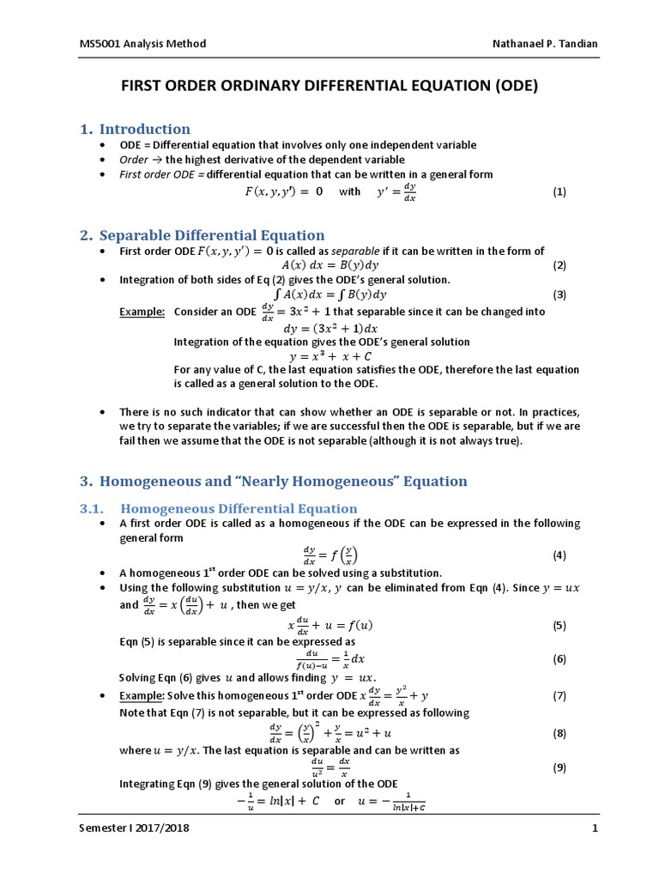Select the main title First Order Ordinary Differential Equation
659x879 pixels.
(329, 86)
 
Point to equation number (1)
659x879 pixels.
(559, 192)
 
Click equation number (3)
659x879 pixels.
(559, 294)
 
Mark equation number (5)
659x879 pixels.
(559, 626)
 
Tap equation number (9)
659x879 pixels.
(559, 767)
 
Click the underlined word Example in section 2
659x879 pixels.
(142, 312)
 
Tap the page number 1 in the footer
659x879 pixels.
(593, 828)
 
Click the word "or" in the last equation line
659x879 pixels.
(340, 802)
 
